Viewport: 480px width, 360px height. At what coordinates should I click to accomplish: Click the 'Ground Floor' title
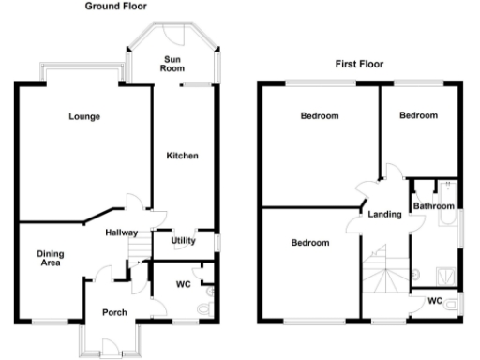(x=115, y=6)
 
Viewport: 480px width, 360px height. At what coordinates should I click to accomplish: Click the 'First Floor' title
(x=359, y=65)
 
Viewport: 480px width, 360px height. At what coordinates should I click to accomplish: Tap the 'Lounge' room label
(x=84, y=117)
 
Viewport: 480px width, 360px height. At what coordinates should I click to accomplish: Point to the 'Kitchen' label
(x=182, y=155)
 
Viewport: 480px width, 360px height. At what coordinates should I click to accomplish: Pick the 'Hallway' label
(x=122, y=232)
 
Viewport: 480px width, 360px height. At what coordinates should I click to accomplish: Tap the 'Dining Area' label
(x=49, y=258)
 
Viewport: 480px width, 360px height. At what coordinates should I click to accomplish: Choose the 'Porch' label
(x=114, y=312)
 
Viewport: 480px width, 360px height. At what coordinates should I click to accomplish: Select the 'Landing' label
(x=386, y=214)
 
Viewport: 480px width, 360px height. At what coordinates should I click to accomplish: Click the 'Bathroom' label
(x=434, y=205)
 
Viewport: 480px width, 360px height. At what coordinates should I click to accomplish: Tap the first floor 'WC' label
(x=434, y=301)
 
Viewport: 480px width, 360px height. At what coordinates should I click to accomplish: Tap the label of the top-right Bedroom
(x=418, y=115)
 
